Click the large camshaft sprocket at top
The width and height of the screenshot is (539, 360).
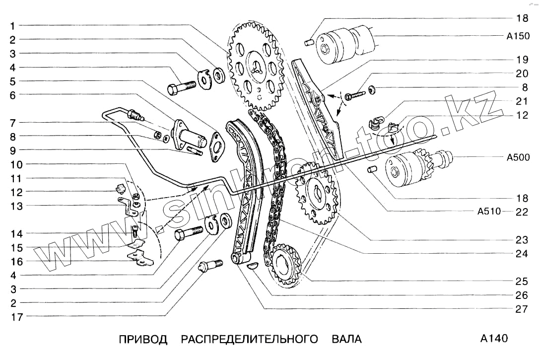click(256, 67)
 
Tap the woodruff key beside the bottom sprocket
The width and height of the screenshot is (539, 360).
click(253, 265)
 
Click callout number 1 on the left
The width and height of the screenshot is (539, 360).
click(13, 25)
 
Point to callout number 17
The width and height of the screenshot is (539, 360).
click(16, 316)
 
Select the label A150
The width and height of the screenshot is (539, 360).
click(518, 36)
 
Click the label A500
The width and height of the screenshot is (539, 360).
click(518, 158)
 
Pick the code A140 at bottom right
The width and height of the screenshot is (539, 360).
click(494, 339)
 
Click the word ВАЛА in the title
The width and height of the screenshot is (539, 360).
click(346, 340)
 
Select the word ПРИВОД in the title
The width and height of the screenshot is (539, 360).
click(143, 340)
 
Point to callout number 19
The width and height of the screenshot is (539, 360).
click(521, 60)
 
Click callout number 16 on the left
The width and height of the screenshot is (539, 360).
click(16, 261)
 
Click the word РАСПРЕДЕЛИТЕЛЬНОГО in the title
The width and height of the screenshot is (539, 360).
click(249, 340)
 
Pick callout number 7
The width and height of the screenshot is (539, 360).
click(13, 122)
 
